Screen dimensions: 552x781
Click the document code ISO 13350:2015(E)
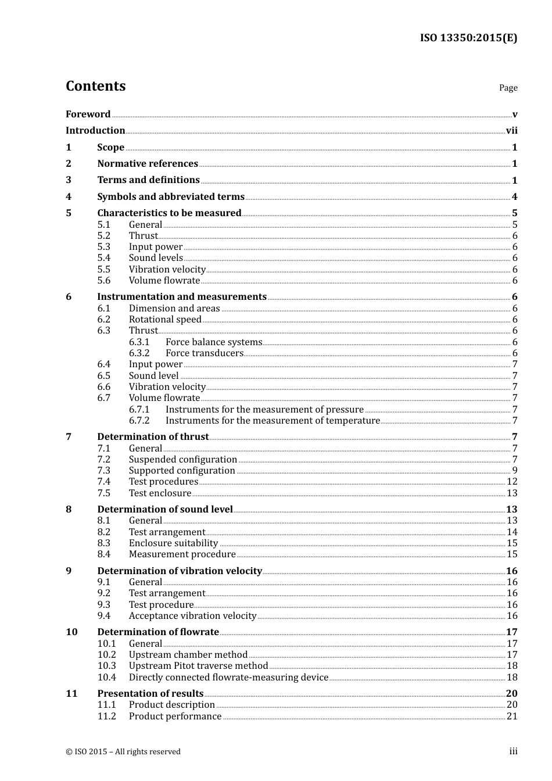point(468,38)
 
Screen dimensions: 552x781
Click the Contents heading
point(95,86)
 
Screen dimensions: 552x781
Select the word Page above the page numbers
point(508,88)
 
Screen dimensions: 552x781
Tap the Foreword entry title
point(88,114)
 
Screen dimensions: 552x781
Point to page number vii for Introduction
point(511,131)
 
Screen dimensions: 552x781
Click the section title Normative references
point(148,164)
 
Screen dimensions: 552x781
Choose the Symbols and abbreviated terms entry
point(171,197)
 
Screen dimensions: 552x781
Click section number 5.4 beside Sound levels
point(103,258)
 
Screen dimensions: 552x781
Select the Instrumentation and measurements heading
point(182,297)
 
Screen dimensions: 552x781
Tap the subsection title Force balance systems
point(214,342)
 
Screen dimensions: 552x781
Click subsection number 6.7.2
point(139,421)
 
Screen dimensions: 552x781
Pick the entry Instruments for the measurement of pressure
point(264,410)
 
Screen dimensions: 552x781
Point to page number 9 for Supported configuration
point(515,471)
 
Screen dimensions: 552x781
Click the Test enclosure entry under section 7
point(160,493)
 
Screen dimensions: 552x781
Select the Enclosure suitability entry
point(173,543)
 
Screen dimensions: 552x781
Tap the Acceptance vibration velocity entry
point(192,616)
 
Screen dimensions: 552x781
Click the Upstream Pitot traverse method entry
point(198,666)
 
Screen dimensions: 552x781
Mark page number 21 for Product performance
point(512,716)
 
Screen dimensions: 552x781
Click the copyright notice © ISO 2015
point(123,752)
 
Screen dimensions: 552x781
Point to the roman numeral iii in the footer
point(513,751)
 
